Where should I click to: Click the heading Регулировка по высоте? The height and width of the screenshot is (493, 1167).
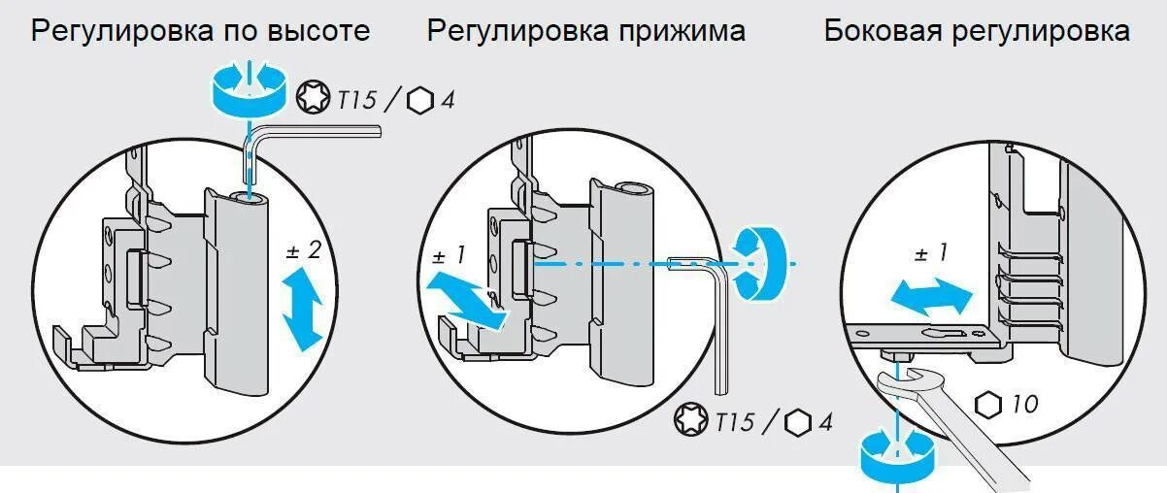(x=200, y=31)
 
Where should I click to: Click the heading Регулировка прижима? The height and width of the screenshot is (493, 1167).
(x=586, y=31)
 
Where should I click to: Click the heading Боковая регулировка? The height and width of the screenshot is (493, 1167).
(x=977, y=31)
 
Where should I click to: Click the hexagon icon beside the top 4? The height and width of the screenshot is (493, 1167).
(x=421, y=101)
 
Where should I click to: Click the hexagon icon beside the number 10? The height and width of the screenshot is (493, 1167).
(x=988, y=404)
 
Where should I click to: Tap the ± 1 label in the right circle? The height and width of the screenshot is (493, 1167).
(x=929, y=254)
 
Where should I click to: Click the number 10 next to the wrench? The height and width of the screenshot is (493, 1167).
(x=1024, y=404)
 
